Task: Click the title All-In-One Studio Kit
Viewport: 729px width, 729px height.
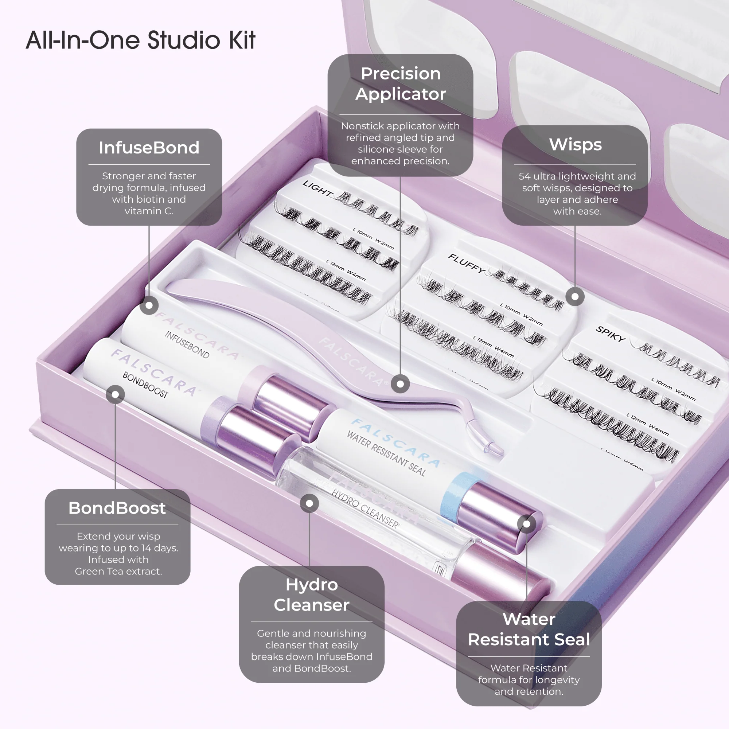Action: tap(140, 40)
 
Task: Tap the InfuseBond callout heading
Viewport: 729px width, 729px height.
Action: tap(149, 148)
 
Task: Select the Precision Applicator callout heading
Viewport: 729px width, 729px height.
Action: tap(400, 83)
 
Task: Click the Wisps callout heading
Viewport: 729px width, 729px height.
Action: tap(575, 144)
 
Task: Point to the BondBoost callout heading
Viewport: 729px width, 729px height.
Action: tap(117, 508)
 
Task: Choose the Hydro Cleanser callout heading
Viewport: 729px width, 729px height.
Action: tap(311, 594)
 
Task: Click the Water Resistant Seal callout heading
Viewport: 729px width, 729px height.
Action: tap(529, 629)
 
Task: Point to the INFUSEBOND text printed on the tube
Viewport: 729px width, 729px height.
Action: tap(187, 345)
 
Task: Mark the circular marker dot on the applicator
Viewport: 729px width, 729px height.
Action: tap(400, 384)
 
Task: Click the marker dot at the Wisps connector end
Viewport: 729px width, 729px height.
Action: tap(575, 297)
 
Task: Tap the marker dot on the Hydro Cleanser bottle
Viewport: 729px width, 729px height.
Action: tap(309, 503)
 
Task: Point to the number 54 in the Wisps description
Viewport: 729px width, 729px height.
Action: tap(525, 176)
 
